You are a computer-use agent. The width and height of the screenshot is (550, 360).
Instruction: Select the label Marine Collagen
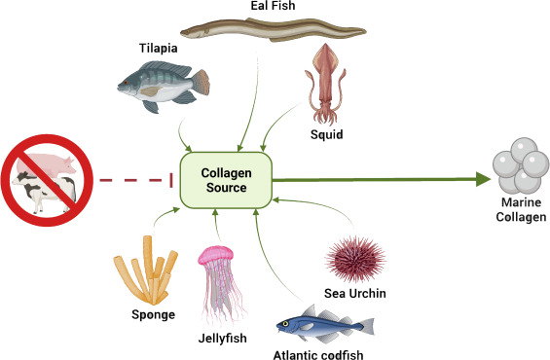coord(519,209)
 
